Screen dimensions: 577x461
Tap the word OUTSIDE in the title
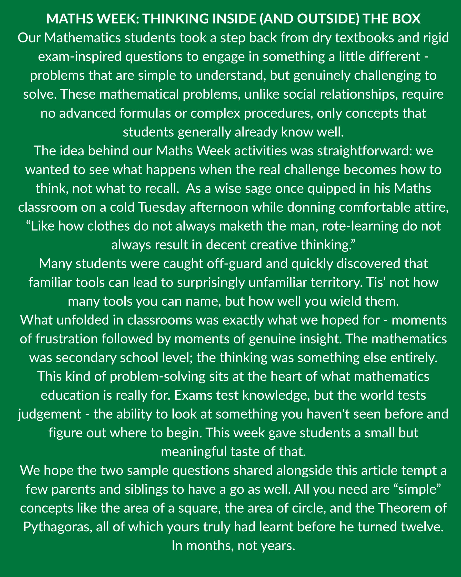[x=328, y=19]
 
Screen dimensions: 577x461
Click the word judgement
[x=50, y=414]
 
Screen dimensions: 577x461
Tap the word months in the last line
[x=209, y=546]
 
